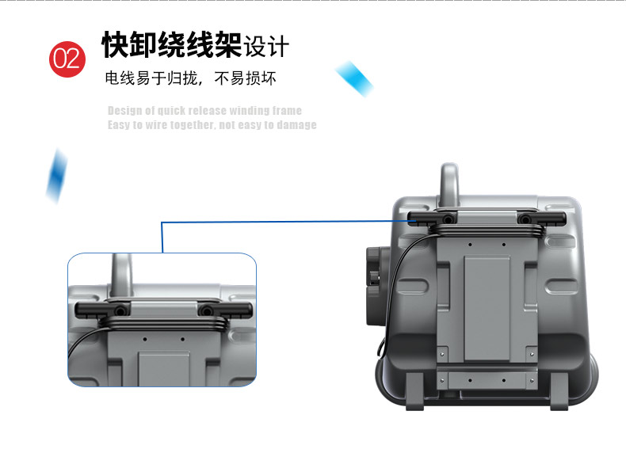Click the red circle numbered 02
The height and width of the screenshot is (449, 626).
pyautogui.click(x=67, y=59)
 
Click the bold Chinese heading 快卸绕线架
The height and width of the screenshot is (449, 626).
pyautogui.click(x=172, y=44)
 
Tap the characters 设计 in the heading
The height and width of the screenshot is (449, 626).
pyautogui.click(x=266, y=46)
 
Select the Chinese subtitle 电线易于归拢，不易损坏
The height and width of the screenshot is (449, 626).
pyautogui.click(x=190, y=78)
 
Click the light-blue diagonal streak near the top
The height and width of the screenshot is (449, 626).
pyautogui.click(x=354, y=78)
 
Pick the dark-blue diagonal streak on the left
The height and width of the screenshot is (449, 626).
pyautogui.click(x=57, y=176)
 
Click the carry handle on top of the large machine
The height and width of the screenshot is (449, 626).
pyautogui.click(x=449, y=181)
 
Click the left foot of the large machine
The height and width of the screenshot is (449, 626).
pyautogui.click(x=415, y=391)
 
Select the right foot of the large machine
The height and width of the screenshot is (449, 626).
pyautogui.click(x=559, y=391)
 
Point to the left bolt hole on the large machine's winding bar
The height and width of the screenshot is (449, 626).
pyautogui.click(x=449, y=219)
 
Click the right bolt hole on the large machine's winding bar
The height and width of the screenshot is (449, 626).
pyautogui.click(x=525, y=219)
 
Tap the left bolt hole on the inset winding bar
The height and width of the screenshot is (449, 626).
pyautogui.click(x=120, y=310)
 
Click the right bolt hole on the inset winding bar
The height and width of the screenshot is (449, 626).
pyautogui.click(x=206, y=310)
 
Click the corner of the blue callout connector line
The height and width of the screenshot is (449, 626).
pyautogui.click(x=162, y=223)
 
